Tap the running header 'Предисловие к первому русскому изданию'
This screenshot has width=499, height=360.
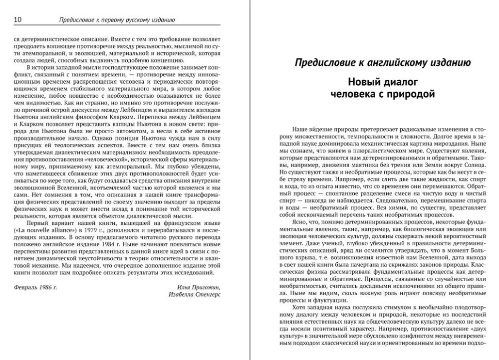tap(117, 20)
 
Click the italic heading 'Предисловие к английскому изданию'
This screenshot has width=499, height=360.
tap(382, 62)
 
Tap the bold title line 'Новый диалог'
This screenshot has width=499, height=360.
tap(382, 81)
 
